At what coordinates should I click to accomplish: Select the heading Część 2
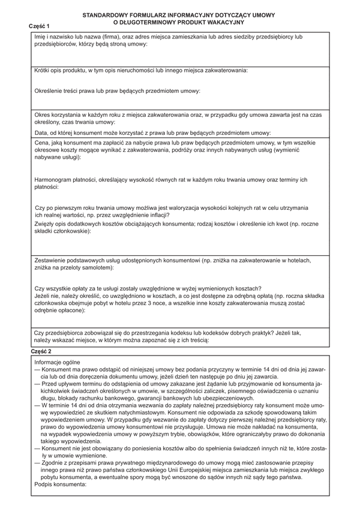(x=40, y=350)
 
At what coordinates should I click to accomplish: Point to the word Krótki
(x=43, y=71)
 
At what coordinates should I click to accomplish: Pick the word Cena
(x=42, y=143)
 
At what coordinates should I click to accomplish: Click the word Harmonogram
(x=57, y=180)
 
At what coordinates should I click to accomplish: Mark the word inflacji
(x=155, y=215)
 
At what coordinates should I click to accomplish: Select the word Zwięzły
(x=46, y=223)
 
